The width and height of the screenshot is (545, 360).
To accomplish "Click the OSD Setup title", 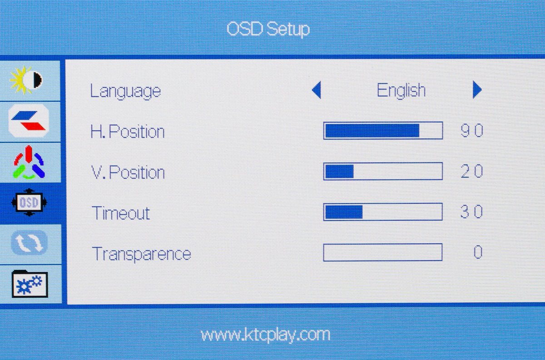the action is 268,29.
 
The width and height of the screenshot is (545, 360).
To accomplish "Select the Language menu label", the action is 125,91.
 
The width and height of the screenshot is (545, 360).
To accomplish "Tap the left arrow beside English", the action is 317,90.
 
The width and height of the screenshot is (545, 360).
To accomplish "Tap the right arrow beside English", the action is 477,90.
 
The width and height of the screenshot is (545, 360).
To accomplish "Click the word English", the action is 401,90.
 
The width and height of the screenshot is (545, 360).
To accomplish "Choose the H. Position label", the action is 128,131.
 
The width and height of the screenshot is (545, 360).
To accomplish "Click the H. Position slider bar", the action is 383,130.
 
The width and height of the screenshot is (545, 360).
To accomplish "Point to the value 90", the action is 472,130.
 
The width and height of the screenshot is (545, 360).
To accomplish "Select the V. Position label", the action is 128,172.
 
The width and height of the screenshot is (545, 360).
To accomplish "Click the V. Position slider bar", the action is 383,171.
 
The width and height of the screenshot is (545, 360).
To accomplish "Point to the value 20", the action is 472,171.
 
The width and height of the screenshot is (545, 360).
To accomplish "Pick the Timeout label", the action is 121,213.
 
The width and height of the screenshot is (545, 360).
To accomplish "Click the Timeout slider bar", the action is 383,212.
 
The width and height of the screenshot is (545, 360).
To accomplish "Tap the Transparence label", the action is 141,254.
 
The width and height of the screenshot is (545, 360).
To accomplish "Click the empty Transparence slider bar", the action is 383,252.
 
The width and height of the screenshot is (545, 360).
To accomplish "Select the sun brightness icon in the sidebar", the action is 26,80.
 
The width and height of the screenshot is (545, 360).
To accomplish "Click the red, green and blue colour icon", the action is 29,162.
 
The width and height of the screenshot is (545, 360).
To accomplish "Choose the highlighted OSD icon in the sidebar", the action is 29,202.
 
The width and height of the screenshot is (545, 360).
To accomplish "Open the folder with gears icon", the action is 30,284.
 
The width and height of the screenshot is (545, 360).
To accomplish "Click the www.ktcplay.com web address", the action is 265,335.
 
